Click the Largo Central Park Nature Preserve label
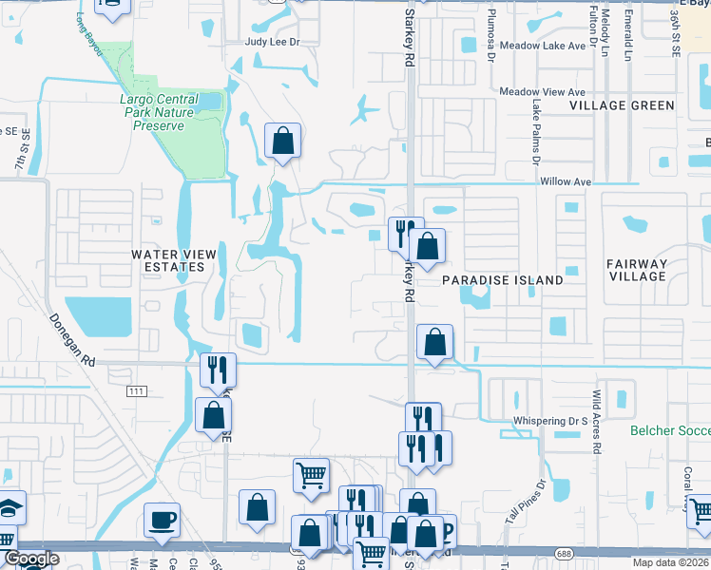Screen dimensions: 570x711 [x=159, y=112]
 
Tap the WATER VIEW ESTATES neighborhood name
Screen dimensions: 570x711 [x=168, y=260]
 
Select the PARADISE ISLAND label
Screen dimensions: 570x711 [x=502, y=280]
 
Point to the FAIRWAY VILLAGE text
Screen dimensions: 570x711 [x=638, y=270]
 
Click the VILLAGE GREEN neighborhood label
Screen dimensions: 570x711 [x=622, y=105]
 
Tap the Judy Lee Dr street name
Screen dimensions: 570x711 [x=272, y=42]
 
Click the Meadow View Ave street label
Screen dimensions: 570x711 [x=543, y=92]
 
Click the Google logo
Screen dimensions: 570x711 [x=31, y=559]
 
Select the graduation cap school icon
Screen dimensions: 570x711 [x=10, y=508]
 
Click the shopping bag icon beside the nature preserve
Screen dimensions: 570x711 [x=282, y=142]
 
